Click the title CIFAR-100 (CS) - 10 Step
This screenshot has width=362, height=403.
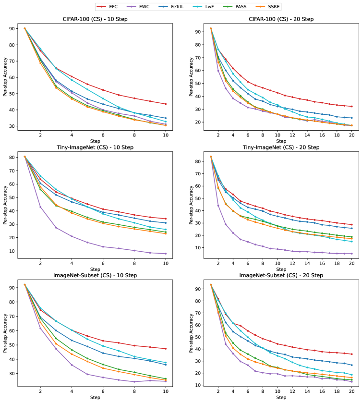point(95,20)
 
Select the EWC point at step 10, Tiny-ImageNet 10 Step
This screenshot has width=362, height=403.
point(166,254)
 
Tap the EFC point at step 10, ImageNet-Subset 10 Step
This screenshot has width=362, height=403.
point(166,349)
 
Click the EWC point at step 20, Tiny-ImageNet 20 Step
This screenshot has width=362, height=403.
point(351,254)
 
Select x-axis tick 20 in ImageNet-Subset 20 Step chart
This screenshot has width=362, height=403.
point(351,393)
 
